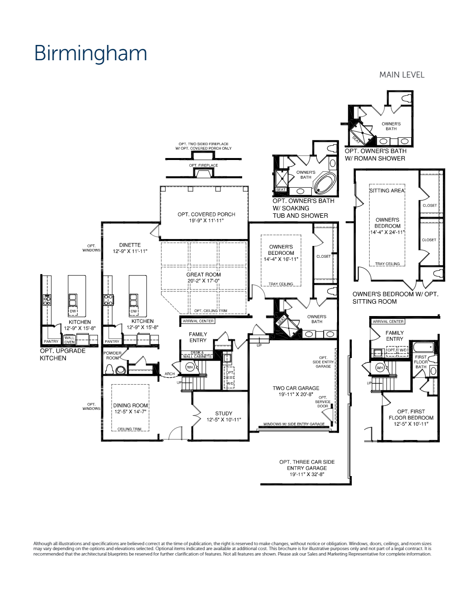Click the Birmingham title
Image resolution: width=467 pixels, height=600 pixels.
click(90, 53)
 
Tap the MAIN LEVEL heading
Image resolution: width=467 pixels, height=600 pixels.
click(401, 75)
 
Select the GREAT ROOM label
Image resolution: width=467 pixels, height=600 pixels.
click(203, 275)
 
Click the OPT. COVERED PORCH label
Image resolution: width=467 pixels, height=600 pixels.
click(207, 214)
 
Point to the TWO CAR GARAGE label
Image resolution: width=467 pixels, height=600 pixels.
click(296, 388)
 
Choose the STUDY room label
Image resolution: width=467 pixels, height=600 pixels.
click(223, 413)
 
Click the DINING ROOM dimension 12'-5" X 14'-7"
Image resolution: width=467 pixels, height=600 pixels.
click(130, 411)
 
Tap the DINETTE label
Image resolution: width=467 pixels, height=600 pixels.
click(130, 245)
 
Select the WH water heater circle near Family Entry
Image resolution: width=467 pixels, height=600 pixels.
click(189, 367)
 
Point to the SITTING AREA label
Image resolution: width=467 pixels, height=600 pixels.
click(387, 191)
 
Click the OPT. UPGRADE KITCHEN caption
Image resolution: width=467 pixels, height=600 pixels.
click(63, 354)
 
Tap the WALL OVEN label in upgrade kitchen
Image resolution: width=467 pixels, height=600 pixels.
click(69, 340)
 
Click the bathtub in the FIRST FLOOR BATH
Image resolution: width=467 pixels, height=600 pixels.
click(425, 347)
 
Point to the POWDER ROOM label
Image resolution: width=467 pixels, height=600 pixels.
click(112, 356)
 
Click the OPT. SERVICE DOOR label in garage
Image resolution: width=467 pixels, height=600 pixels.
click(323, 401)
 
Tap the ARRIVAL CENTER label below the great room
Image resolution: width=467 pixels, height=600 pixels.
click(198, 321)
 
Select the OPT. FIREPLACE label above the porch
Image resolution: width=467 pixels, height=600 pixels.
click(203, 165)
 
